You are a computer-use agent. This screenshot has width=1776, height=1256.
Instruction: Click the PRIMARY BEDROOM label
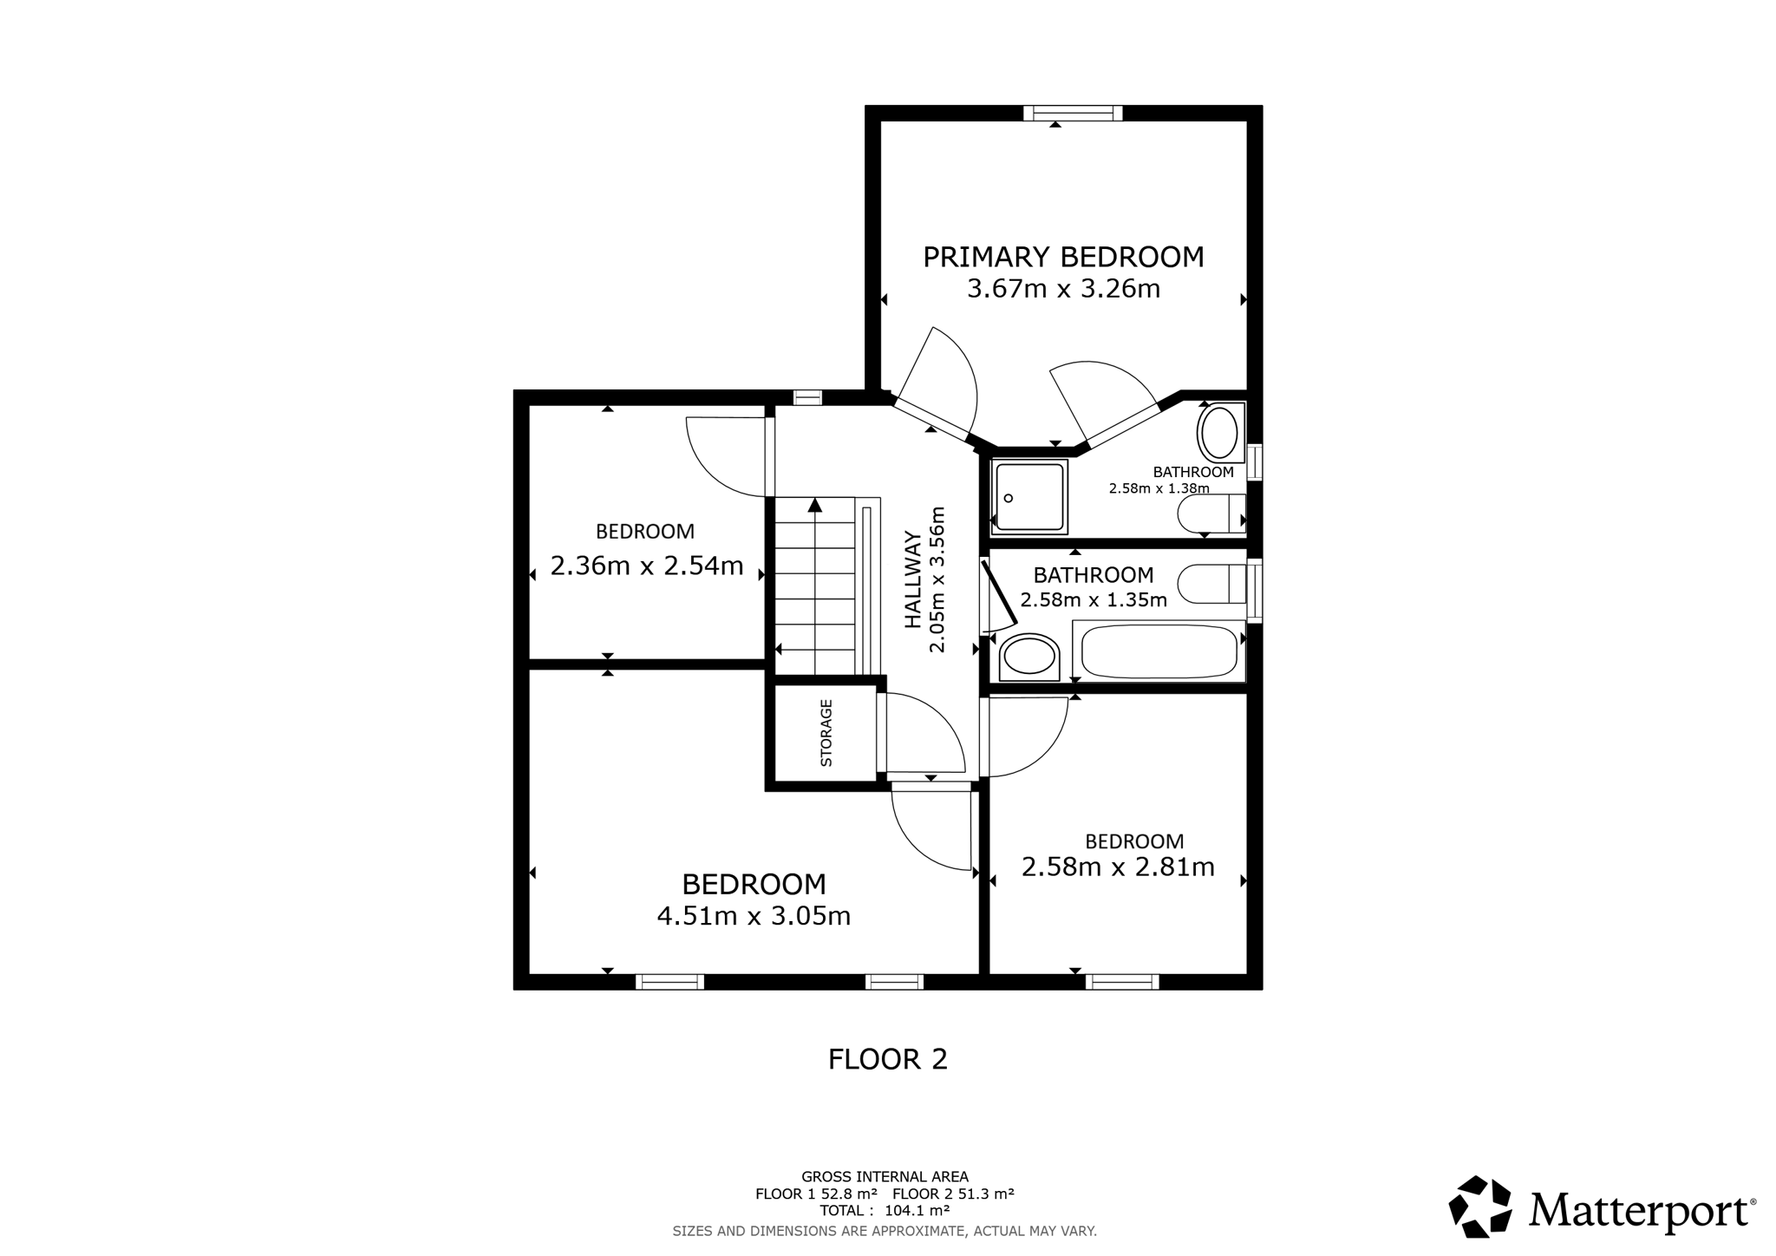click(x=1063, y=258)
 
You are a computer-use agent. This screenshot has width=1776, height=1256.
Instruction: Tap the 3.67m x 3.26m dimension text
click(x=1063, y=289)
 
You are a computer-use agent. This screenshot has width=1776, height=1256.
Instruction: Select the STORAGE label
click(x=826, y=733)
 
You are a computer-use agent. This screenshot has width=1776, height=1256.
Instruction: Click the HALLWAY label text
click(x=914, y=579)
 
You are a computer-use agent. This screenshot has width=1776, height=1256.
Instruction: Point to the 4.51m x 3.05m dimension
click(x=754, y=916)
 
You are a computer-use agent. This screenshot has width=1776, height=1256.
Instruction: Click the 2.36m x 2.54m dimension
click(x=647, y=566)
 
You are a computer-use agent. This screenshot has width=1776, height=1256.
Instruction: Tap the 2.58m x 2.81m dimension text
click(x=1118, y=867)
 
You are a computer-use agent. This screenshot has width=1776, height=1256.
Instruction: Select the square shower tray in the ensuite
click(x=1029, y=496)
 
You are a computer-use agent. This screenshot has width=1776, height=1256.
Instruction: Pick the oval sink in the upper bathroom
click(x=1220, y=433)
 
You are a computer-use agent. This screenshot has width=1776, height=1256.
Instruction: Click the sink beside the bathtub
click(x=1028, y=657)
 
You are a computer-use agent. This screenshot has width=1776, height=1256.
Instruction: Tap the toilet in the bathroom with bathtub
click(x=1212, y=583)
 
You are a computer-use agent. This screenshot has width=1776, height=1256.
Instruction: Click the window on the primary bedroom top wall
click(x=1073, y=113)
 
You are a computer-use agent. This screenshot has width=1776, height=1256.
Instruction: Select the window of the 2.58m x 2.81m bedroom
click(x=1122, y=982)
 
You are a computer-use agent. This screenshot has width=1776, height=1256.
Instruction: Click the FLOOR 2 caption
click(x=888, y=1059)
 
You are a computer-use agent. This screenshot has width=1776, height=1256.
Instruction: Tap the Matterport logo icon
click(x=1480, y=1207)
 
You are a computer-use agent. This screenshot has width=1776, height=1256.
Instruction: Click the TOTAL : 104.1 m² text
click(x=885, y=1211)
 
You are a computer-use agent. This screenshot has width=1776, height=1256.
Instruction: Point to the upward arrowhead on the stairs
click(x=814, y=504)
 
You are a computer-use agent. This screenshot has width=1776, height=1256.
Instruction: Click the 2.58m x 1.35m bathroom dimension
click(x=1094, y=599)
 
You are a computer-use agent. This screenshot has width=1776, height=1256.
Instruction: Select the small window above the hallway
click(x=807, y=397)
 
